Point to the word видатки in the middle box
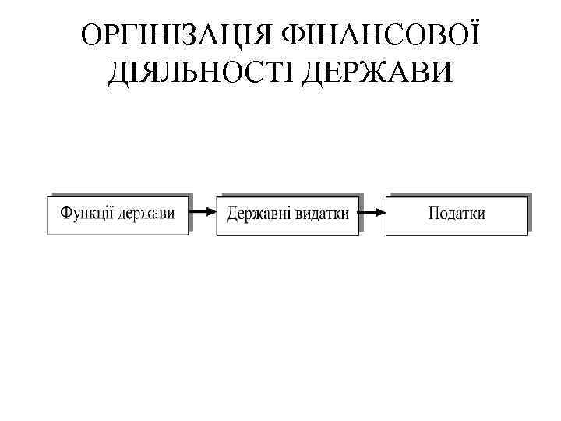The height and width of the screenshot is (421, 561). coord(323,212)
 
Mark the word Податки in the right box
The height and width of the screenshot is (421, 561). coord(457,212)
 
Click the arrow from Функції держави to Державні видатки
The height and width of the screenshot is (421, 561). coord(203,211)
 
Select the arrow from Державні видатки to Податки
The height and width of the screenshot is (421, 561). coord(373,211)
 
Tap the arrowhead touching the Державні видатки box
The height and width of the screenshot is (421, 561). coord(211,211)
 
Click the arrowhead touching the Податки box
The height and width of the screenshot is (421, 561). coord(381,211)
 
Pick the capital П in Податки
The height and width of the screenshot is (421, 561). coord(434,212)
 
